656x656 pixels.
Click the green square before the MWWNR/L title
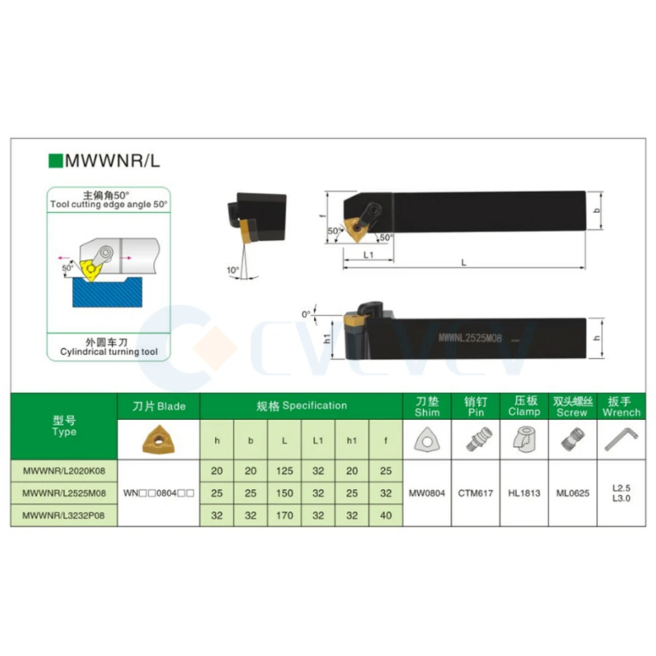point(54,160)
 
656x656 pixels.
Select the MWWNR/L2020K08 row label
point(64,471)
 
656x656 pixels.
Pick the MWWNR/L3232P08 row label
point(64,515)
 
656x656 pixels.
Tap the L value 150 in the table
point(284,493)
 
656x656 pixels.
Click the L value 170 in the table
point(284,515)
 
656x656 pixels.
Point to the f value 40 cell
point(386,515)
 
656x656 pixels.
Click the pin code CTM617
point(475,493)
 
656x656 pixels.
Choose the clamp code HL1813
point(524,493)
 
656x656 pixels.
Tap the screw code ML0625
point(572,493)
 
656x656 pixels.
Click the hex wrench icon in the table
point(621,440)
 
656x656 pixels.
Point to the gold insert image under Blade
point(158,439)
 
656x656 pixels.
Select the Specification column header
point(302,405)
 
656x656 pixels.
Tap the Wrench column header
point(621,413)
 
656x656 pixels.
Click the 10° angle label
point(233,270)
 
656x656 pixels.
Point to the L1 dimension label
point(368,254)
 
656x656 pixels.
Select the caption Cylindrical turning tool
point(110,352)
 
